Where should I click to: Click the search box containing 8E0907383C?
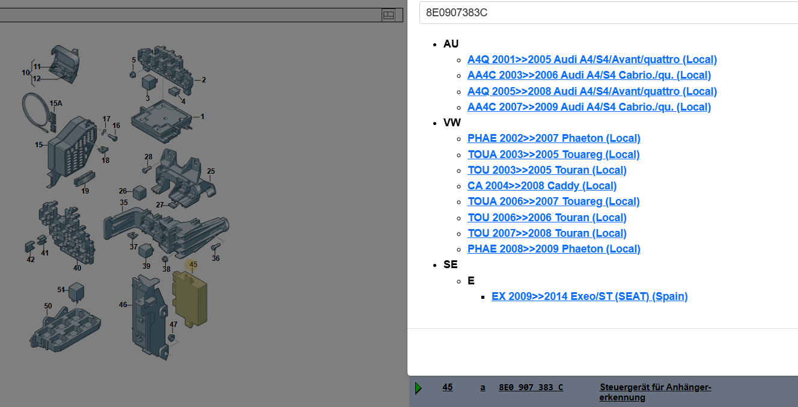[609, 13]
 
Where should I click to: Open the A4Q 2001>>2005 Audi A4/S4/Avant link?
[592, 60]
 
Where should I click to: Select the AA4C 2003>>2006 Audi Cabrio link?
[589, 75]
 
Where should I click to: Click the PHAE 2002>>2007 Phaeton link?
[554, 138]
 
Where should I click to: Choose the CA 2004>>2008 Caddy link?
[542, 186]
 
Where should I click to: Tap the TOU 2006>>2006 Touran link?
[547, 218]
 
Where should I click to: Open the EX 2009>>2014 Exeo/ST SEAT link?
[589, 296]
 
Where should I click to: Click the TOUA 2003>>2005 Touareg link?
[553, 155]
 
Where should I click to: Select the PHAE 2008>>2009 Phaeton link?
[554, 249]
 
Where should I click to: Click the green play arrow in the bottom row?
[419, 388]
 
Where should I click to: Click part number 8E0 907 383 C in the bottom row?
[531, 387]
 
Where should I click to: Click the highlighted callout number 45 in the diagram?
[193, 265]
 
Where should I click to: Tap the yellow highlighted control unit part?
[189, 299]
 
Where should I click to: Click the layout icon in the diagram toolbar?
[388, 15]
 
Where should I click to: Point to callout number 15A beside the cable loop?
[56, 103]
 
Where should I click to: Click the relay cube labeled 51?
[76, 292]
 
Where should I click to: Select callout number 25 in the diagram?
[211, 171]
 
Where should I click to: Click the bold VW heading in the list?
[452, 123]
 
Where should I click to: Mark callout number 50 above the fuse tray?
[48, 306]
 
